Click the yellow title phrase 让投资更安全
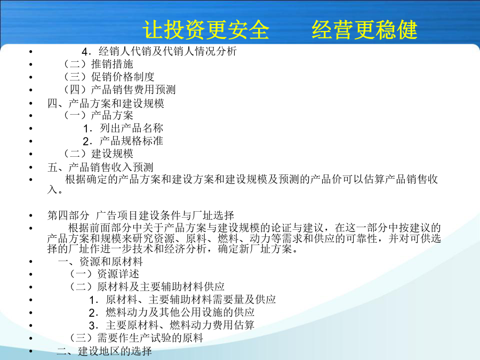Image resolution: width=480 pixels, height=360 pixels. (206, 30)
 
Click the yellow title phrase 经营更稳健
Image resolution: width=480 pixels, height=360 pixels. (365, 30)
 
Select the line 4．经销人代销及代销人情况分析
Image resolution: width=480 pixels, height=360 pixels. (159, 51)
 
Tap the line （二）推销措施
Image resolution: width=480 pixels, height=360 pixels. (98, 64)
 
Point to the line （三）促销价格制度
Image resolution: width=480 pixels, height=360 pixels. (109, 77)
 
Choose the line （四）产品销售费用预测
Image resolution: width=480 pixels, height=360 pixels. (119, 90)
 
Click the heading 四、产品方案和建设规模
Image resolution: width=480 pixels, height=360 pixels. (106, 103)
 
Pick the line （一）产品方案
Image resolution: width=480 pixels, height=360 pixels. (98, 115)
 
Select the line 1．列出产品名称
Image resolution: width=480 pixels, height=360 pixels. (123, 128)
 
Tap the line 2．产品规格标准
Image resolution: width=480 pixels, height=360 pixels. (123, 141)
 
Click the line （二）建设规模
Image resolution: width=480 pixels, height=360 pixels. (98, 154)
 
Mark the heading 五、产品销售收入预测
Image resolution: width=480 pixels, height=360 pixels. (100, 167)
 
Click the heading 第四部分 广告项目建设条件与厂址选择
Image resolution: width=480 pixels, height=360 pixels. (141, 215)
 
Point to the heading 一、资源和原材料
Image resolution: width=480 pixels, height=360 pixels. (100, 261)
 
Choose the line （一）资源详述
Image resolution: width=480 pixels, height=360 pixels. (104, 274)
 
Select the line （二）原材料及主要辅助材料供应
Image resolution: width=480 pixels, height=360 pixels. (147, 287)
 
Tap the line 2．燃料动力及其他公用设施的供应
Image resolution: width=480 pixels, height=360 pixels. (172, 313)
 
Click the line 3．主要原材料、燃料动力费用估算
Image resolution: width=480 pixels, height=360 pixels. (172, 325)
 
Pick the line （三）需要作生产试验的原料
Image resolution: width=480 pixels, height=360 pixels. (136, 338)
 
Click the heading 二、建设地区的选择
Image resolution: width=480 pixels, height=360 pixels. (105, 351)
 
